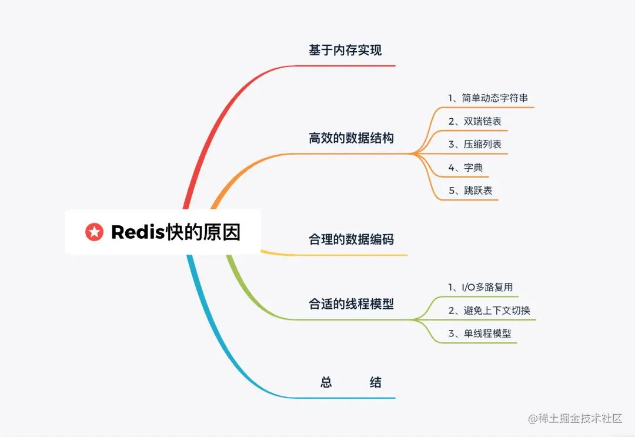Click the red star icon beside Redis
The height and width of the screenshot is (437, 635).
coord(94,232)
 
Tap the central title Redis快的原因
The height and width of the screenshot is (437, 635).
coord(176,232)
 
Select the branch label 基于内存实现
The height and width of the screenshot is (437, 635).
coord(345,51)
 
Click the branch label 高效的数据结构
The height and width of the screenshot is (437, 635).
coord(351,139)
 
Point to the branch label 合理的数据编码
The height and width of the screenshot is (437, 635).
coord(351,239)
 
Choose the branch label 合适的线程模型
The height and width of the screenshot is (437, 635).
coord(351,304)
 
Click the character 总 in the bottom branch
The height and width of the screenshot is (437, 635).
coord(326,383)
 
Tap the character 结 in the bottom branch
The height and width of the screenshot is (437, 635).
coord(376,383)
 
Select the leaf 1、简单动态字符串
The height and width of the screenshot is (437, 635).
coord(488,98)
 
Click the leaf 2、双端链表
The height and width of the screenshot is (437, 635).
coord(474,121)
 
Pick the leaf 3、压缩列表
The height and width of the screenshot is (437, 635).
coord(474,144)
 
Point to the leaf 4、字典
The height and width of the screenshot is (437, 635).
coord(466,168)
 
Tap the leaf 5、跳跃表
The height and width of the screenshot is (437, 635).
coord(470,191)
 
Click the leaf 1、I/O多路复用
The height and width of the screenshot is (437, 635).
coord(480,287)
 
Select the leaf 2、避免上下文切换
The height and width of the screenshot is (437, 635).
coord(489,310)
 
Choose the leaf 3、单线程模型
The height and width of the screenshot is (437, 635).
coord(479,333)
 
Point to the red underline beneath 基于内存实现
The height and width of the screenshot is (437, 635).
coord(353,66)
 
